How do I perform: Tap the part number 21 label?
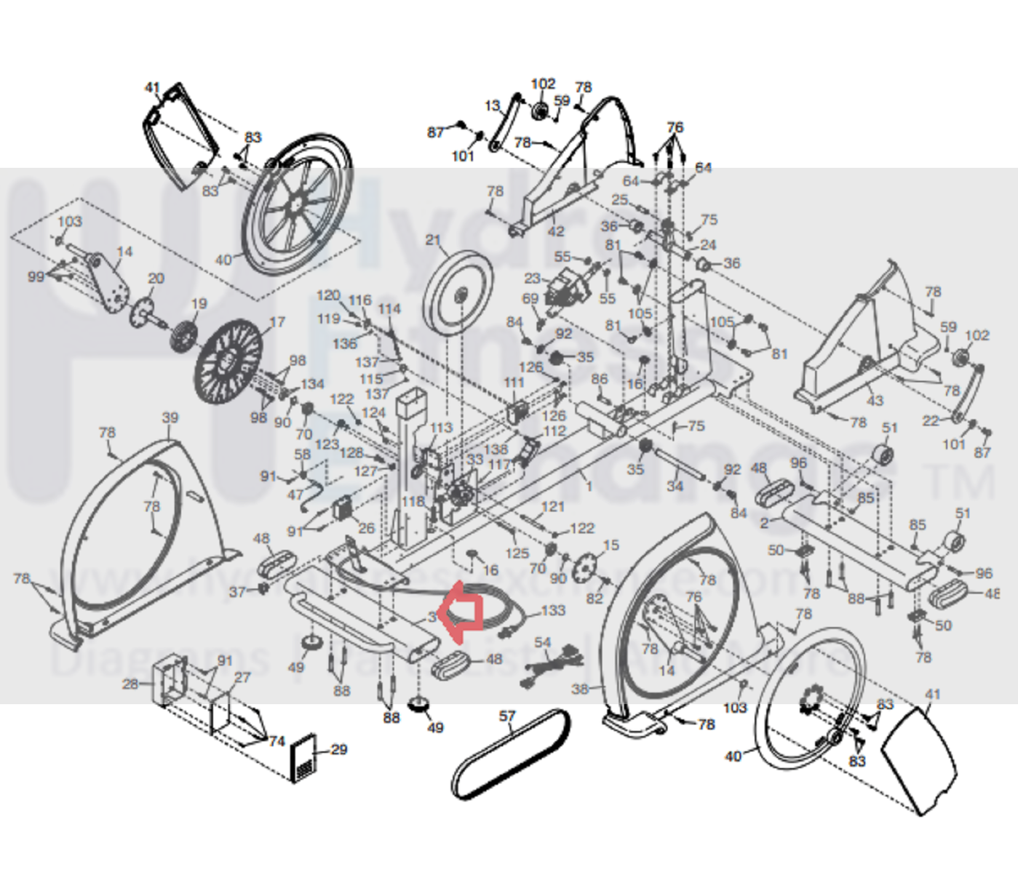(434, 240)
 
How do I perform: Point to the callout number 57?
(507, 716)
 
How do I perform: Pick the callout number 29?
(339, 749)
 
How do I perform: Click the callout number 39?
(170, 418)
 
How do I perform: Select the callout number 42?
(556, 231)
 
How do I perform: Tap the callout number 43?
(875, 400)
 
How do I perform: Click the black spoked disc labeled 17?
(228, 362)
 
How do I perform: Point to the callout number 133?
(553, 609)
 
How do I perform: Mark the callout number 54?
(543, 642)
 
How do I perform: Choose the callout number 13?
(493, 105)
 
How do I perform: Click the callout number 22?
(931, 421)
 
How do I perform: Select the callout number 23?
(533, 278)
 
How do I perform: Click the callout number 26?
(367, 528)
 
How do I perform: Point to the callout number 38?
(580, 688)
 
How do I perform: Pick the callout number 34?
(675, 485)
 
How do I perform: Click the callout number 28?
(130, 684)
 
